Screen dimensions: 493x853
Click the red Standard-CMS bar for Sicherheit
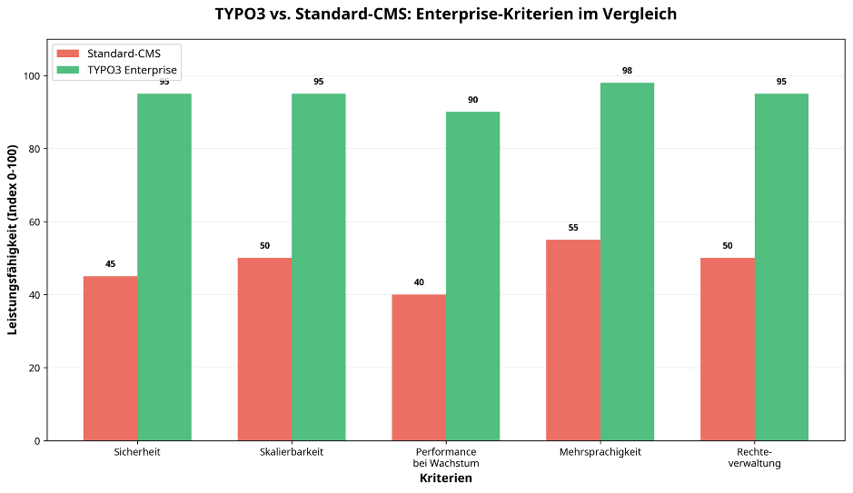click(x=110, y=359)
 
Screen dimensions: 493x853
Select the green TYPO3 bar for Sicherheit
click(x=164, y=267)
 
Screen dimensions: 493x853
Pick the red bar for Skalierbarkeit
click(x=264, y=350)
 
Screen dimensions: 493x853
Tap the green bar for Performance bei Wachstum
click(x=472, y=276)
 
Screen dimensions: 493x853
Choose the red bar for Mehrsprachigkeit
click(x=572, y=340)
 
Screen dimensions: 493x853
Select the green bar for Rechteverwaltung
click(x=781, y=267)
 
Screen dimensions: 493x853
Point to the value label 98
click(x=627, y=71)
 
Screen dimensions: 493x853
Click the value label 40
click(x=419, y=282)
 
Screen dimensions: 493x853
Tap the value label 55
click(x=573, y=228)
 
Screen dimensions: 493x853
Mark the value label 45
click(x=111, y=264)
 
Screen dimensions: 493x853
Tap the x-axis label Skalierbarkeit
click(x=292, y=451)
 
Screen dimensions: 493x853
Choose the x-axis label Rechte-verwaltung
click(x=754, y=457)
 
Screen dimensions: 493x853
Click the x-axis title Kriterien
click(x=445, y=478)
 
